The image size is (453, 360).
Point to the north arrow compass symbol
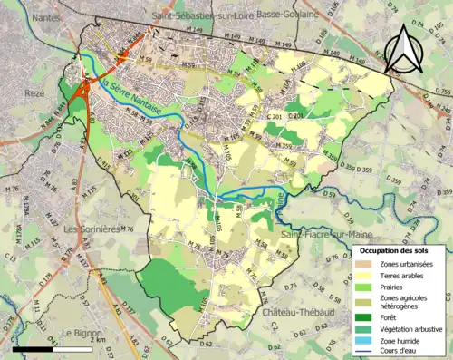[403, 49]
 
